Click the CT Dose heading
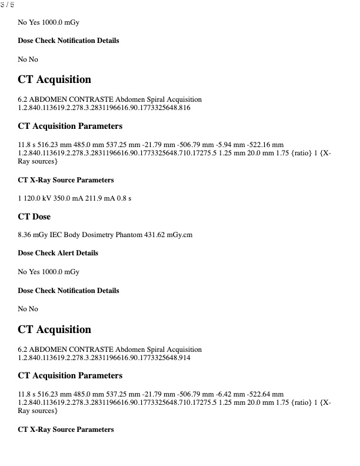tap(34, 217)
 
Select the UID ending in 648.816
tap(104, 108)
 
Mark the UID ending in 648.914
tap(104, 357)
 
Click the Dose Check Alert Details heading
tap(58, 253)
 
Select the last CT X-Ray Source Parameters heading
tap(66, 430)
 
